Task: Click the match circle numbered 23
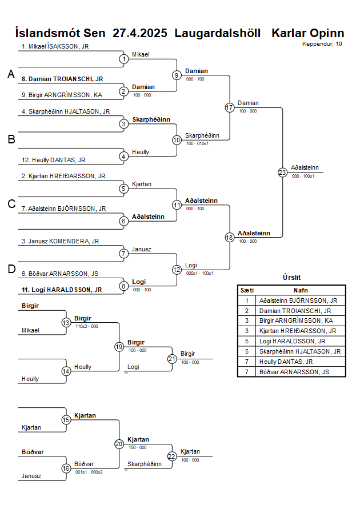tap(282, 172)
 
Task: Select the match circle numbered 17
tap(230, 107)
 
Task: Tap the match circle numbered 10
tap(177, 139)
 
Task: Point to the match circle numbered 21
tap(172, 359)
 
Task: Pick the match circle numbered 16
tap(66, 468)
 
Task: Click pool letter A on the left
tap(10, 74)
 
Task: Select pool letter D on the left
tap(10, 269)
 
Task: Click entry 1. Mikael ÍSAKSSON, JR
tap(55, 46)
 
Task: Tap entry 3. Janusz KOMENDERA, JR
tap(60, 241)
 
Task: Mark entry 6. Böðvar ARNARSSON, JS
tap(59, 274)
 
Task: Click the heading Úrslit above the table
tap(291, 277)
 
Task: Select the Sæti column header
tap(247, 290)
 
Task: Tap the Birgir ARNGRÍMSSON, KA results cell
tap(297, 320)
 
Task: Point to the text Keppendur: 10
tap(322, 43)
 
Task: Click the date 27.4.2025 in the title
tap(140, 33)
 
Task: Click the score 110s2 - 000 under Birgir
tap(86, 326)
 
